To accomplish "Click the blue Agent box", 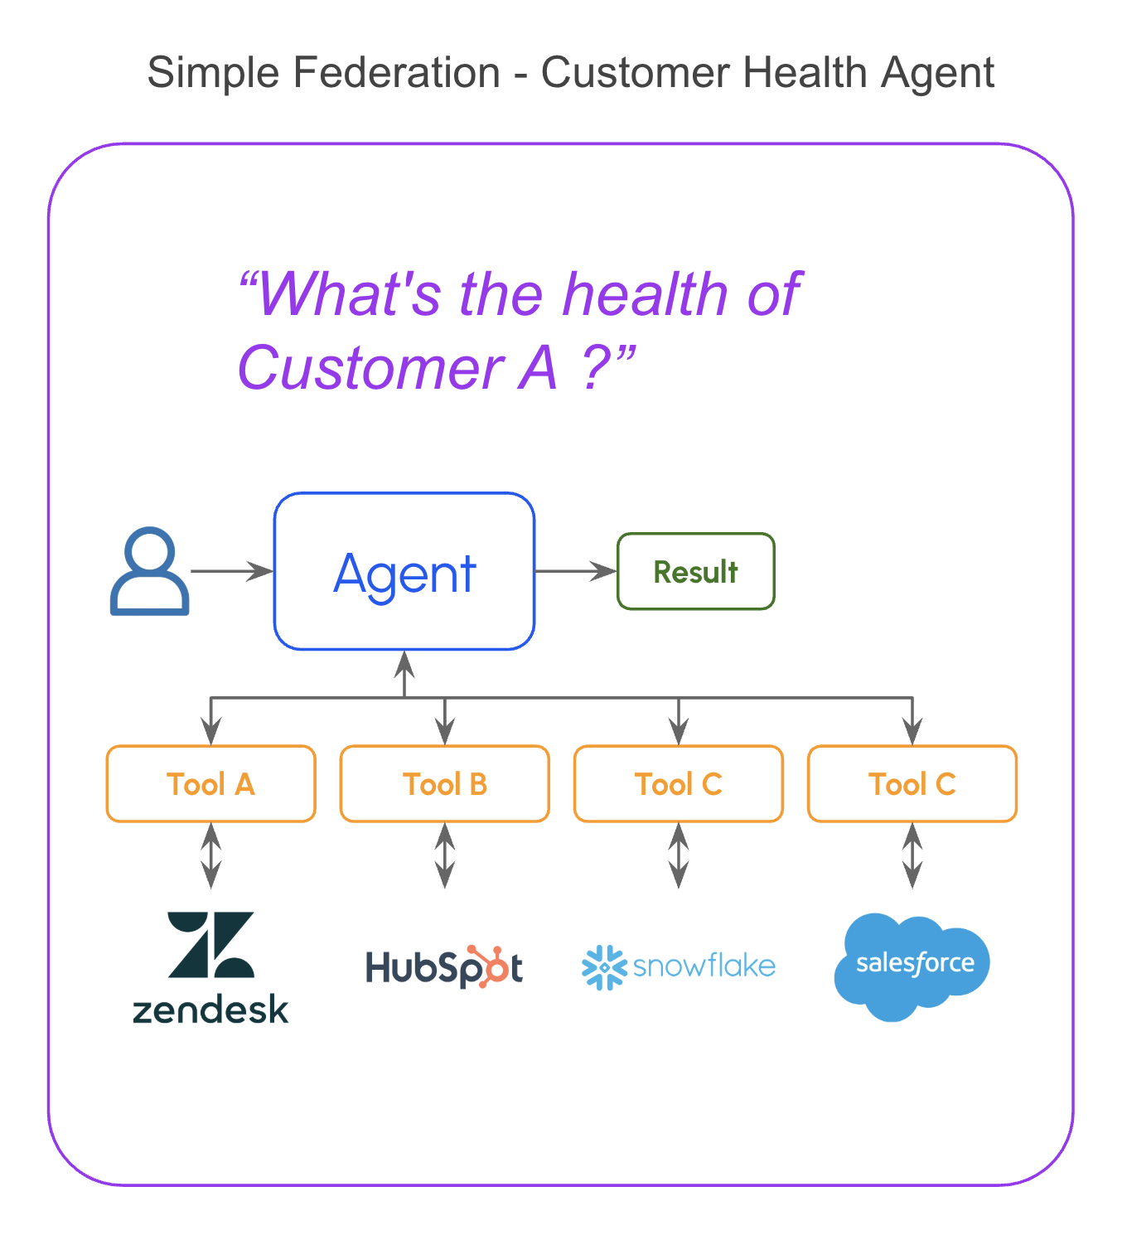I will pos(404,571).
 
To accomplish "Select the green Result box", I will pos(696,571).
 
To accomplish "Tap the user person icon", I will pos(150,571).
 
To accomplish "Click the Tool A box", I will pos(211,784).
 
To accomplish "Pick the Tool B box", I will pos(445,784).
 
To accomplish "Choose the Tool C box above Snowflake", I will pos(679,784).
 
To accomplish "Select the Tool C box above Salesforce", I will pos(912,784).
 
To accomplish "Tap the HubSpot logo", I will pos(445,966).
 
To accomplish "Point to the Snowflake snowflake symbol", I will pos(603,966).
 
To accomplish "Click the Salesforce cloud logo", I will pos(912,966).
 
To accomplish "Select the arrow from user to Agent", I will pos(232,571).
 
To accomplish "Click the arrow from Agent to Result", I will pos(576,571).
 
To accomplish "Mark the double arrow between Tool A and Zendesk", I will pos(211,855).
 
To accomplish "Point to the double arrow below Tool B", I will pos(445,855).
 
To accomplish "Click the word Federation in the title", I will pos(396,72).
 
